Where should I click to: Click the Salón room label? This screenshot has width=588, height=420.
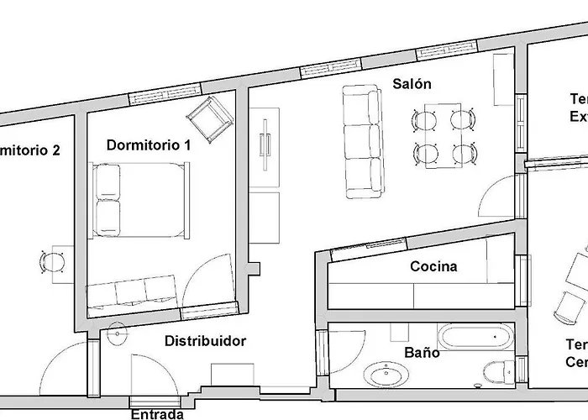[412, 84]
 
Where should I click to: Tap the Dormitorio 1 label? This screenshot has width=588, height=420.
[149, 144]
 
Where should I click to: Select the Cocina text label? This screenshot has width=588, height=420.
[433, 266]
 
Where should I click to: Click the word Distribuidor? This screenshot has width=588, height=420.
[205, 341]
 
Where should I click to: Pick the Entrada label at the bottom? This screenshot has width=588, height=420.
[157, 413]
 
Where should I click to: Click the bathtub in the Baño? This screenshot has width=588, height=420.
[477, 339]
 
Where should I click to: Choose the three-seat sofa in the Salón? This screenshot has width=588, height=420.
[363, 141]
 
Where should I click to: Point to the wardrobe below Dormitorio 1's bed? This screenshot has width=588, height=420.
[133, 291]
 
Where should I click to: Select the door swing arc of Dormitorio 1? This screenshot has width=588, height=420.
[206, 277]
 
